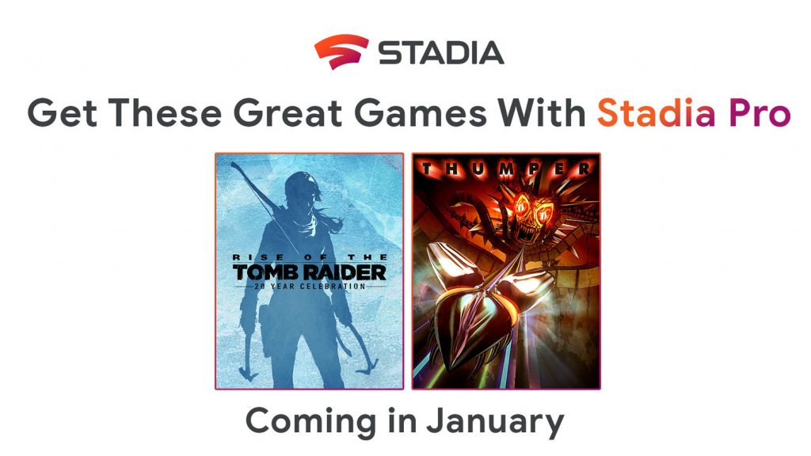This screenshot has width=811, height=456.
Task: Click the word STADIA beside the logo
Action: pyautogui.click(x=440, y=52)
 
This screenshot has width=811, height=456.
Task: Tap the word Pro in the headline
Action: pyautogui.click(x=757, y=113)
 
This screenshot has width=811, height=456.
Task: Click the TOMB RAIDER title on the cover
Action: pyautogui.click(x=309, y=273)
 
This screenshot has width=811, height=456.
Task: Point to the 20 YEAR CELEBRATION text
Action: pyautogui.click(x=309, y=287)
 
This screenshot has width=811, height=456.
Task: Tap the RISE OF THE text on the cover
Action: pyautogui.click(x=309, y=259)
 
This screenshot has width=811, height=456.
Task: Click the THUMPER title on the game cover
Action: pyautogui.click(x=505, y=169)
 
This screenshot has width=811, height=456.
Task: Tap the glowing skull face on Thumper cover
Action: pyautogui.click(x=527, y=210)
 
